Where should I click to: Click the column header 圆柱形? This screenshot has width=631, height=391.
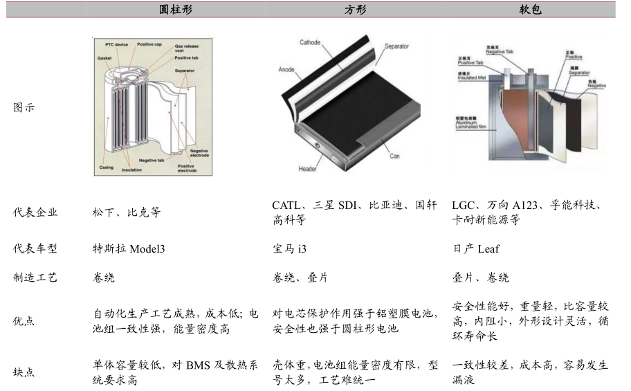(176, 10)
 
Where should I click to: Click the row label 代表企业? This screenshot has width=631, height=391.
(35, 212)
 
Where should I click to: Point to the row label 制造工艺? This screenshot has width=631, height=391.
(35, 278)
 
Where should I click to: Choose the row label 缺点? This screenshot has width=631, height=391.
(24, 372)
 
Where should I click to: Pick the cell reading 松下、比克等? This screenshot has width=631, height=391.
(126, 212)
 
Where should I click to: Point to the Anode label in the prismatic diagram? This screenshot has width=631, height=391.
(286, 70)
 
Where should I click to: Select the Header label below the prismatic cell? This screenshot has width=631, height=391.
(308, 169)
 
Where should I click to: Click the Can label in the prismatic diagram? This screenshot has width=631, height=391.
(394, 156)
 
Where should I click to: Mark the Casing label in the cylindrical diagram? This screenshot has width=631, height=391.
(106, 167)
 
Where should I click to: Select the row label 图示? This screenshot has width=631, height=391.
(24, 108)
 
